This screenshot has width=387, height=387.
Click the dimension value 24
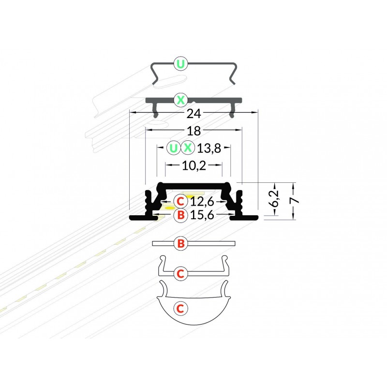(x=194, y=114)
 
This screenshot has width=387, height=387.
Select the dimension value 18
(x=194, y=131)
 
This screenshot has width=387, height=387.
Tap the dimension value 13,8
(x=209, y=149)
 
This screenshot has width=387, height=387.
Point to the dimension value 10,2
(x=194, y=165)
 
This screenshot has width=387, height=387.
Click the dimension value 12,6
(x=202, y=202)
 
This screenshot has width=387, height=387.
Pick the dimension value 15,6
(x=202, y=215)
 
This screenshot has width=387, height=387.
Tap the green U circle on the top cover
(x=181, y=64)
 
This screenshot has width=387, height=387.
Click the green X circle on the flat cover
(x=181, y=100)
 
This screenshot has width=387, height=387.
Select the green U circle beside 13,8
(x=174, y=148)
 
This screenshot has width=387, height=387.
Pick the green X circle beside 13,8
(x=188, y=148)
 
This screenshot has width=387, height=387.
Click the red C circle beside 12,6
(x=180, y=201)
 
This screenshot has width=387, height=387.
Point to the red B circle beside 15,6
(x=180, y=215)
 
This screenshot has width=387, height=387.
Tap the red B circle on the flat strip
(x=181, y=243)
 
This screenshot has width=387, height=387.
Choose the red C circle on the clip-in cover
(x=180, y=273)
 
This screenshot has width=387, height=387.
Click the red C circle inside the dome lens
(x=180, y=309)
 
